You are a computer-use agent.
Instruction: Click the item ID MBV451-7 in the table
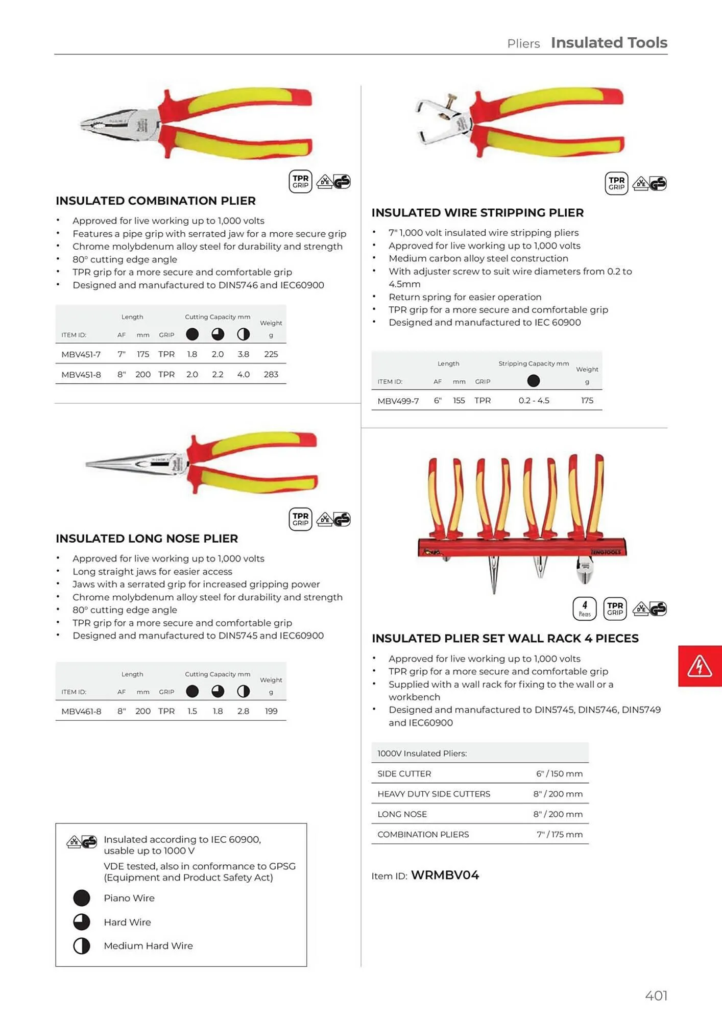[81, 354]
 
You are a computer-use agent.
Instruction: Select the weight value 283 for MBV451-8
[271, 375]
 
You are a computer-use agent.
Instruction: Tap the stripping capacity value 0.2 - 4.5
[534, 401]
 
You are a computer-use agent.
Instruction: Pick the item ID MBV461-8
[81, 711]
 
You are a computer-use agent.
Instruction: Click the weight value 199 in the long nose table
[271, 711]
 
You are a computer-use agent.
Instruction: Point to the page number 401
[656, 995]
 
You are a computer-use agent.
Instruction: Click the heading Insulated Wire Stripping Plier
[477, 213]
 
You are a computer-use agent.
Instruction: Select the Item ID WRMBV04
[445, 876]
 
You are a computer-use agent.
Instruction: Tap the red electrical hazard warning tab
[700, 666]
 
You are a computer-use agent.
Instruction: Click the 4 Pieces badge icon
[585, 609]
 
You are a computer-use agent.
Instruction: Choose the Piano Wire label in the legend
[129, 898]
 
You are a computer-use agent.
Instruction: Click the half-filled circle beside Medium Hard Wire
[82, 946]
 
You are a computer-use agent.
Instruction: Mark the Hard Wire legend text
[127, 922]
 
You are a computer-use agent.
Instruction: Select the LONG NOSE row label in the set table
[402, 814]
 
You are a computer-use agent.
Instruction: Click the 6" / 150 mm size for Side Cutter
[559, 774]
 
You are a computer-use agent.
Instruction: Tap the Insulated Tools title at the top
[609, 43]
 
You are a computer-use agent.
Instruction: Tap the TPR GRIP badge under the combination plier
[300, 182]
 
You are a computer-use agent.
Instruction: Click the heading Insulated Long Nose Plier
[147, 539]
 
